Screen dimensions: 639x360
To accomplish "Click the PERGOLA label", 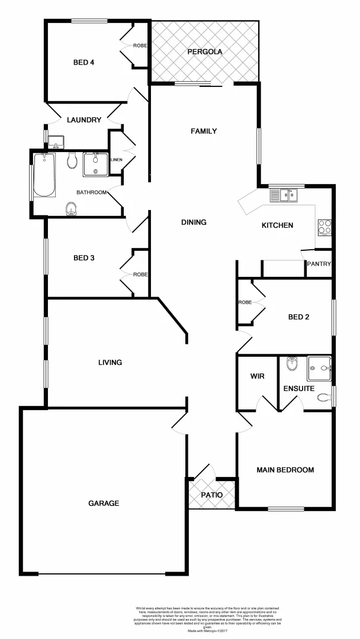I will pyautogui.click(x=204, y=52).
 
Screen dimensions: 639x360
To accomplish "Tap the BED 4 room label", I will pyautogui.click(x=83, y=63).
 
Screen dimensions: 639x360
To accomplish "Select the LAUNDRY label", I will pyautogui.click(x=84, y=120).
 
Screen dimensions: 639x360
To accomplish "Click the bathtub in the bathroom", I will pyautogui.click(x=44, y=175).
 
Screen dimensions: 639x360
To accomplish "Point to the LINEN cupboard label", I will pyautogui.click(x=116, y=159).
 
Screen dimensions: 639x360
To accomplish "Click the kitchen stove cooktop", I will pyautogui.click(x=324, y=227).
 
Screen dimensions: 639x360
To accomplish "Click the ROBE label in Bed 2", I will pyautogui.click(x=245, y=302).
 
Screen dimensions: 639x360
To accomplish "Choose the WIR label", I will pyautogui.click(x=257, y=376).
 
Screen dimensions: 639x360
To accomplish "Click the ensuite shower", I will pyautogui.click(x=319, y=369).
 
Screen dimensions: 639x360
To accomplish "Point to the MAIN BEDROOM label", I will pyautogui.click(x=285, y=470).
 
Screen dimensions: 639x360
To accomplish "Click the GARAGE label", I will pyautogui.click(x=104, y=504).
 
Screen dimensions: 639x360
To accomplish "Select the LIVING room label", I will pyautogui.click(x=110, y=363).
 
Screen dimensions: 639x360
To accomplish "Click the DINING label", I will pyautogui.click(x=194, y=222).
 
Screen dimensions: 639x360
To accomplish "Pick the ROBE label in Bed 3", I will pyautogui.click(x=140, y=275).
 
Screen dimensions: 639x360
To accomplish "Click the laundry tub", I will pyautogui.click(x=57, y=142).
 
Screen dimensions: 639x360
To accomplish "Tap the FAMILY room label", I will pyautogui.click(x=204, y=131).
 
